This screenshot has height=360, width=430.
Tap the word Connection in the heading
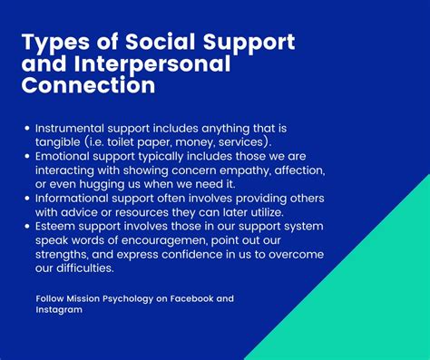tap(87, 86)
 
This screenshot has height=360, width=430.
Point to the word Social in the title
tap(166, 43)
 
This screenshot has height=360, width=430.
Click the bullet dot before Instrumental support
tap(28, 129)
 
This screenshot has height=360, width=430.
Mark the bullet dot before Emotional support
tap(28, 157)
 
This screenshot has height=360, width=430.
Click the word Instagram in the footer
tap(59, 309)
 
